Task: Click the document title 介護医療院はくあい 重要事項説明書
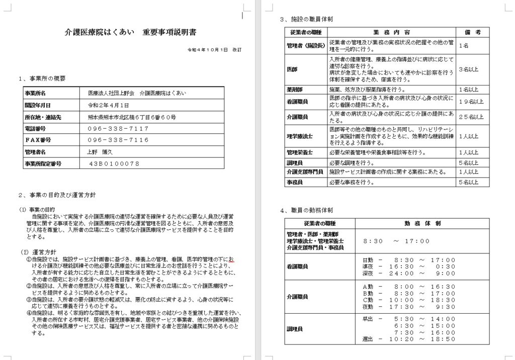pos(131,32)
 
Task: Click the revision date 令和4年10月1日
pos(208,50)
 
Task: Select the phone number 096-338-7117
pos(118,128)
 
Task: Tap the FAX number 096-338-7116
pos(118,140)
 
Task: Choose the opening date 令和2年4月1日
pos(109,105)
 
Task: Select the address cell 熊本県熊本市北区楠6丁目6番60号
pos(132,117)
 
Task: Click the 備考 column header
pos(472,32)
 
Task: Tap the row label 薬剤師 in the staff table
pos(294,89)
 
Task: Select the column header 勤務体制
pos(421,223)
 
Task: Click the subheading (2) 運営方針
pos(38,251)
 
